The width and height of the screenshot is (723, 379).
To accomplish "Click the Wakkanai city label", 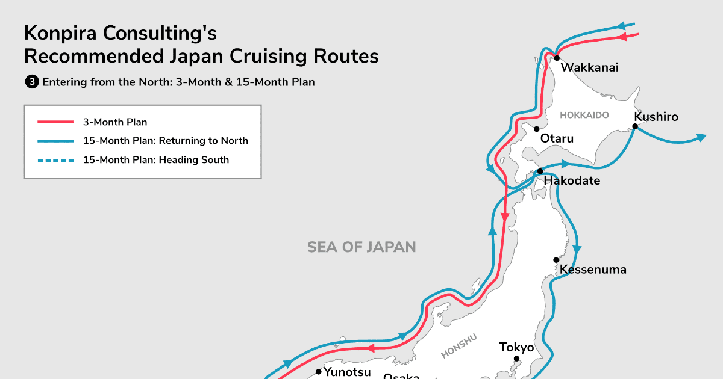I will [x=589, y=67].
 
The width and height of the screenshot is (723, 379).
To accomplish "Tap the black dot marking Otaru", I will [x=536, y=129].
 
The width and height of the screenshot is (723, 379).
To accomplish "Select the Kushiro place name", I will [x=656, y=117].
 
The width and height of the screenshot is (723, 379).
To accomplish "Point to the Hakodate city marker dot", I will [x=540, y=171].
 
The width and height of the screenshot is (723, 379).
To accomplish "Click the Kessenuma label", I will [x=593, y=269].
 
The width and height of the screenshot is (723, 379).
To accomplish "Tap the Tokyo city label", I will [x=516, y=347].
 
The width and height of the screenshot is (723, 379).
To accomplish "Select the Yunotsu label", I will [x=347, y=372].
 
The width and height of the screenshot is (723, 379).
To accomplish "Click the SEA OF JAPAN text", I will [x=361, y=247].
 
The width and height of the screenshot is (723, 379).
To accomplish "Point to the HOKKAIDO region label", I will [x=584, y=115].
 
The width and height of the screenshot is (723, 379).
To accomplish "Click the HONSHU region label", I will [x=459, y=346].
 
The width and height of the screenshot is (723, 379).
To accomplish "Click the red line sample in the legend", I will [x=55, y=122].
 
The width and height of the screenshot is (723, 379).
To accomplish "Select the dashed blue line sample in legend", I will [x=55, y=160].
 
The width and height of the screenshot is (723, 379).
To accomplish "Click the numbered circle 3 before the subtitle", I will [x=31, y=82].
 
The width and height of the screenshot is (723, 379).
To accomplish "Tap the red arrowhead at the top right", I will [x=624, y=37].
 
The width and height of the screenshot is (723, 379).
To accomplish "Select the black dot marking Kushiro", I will [x=635, y=126].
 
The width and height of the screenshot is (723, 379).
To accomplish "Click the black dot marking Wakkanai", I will [x=557, y=58].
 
